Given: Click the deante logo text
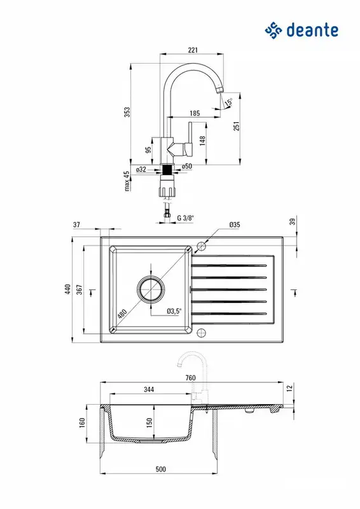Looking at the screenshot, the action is tap(312, 30).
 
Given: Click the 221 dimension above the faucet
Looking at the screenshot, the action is tap(193, 50).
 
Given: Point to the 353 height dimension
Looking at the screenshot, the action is tap(128, 112).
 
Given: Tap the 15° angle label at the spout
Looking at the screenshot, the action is tap(229, 102).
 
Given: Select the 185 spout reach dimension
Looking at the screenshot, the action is tap(195, 113).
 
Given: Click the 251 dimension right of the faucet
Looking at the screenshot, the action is tap(237, 126).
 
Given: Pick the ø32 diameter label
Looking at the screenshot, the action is tap(141, 169).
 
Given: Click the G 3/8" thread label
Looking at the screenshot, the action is tap(185, 218).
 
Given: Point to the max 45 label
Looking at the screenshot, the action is tap(127, 181).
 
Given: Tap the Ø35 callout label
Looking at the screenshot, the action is tap(234, 225).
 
